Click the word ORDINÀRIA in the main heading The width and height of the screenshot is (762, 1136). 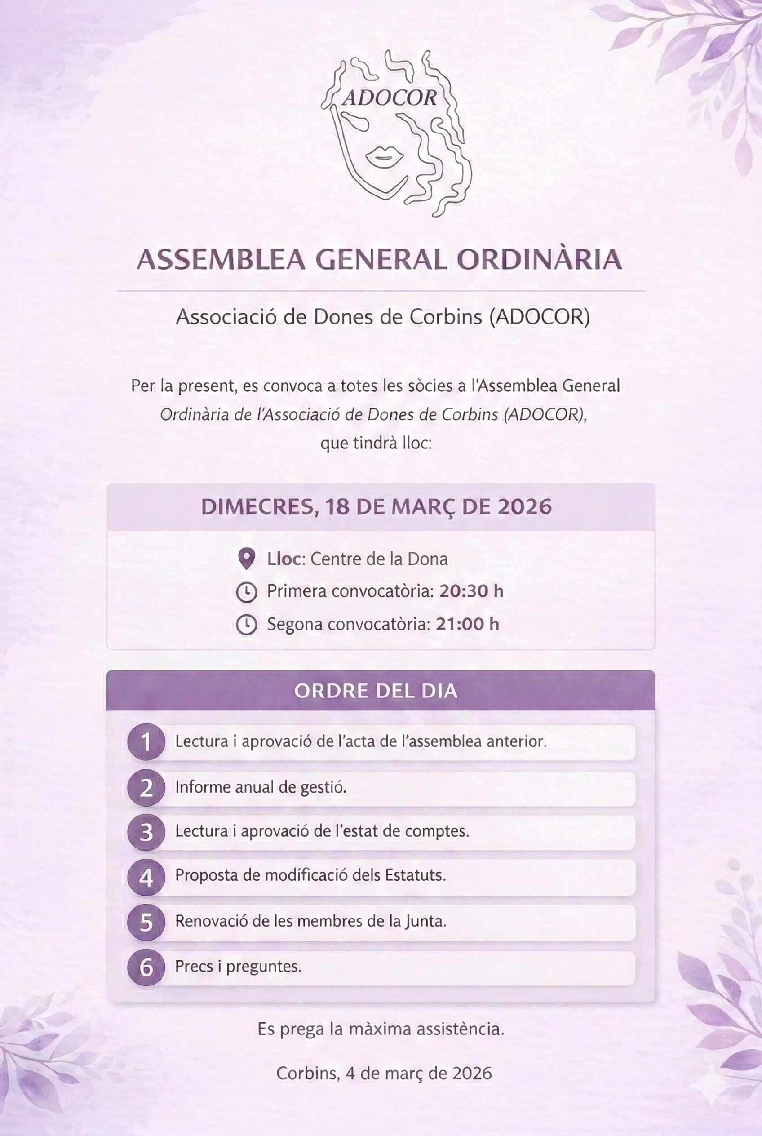539,260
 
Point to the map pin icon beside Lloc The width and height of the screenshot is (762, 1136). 247,559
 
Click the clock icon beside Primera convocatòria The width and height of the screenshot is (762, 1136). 246,592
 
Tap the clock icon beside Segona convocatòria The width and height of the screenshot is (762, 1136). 246,625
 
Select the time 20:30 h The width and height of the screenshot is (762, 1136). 471,591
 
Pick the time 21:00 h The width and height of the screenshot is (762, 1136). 467,624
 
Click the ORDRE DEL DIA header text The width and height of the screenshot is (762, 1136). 376,691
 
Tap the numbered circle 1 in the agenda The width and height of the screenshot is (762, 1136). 146,742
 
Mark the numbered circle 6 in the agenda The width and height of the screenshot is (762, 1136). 146,967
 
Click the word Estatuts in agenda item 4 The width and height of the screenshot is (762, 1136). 415,875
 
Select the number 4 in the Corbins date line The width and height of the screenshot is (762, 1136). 350,1073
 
